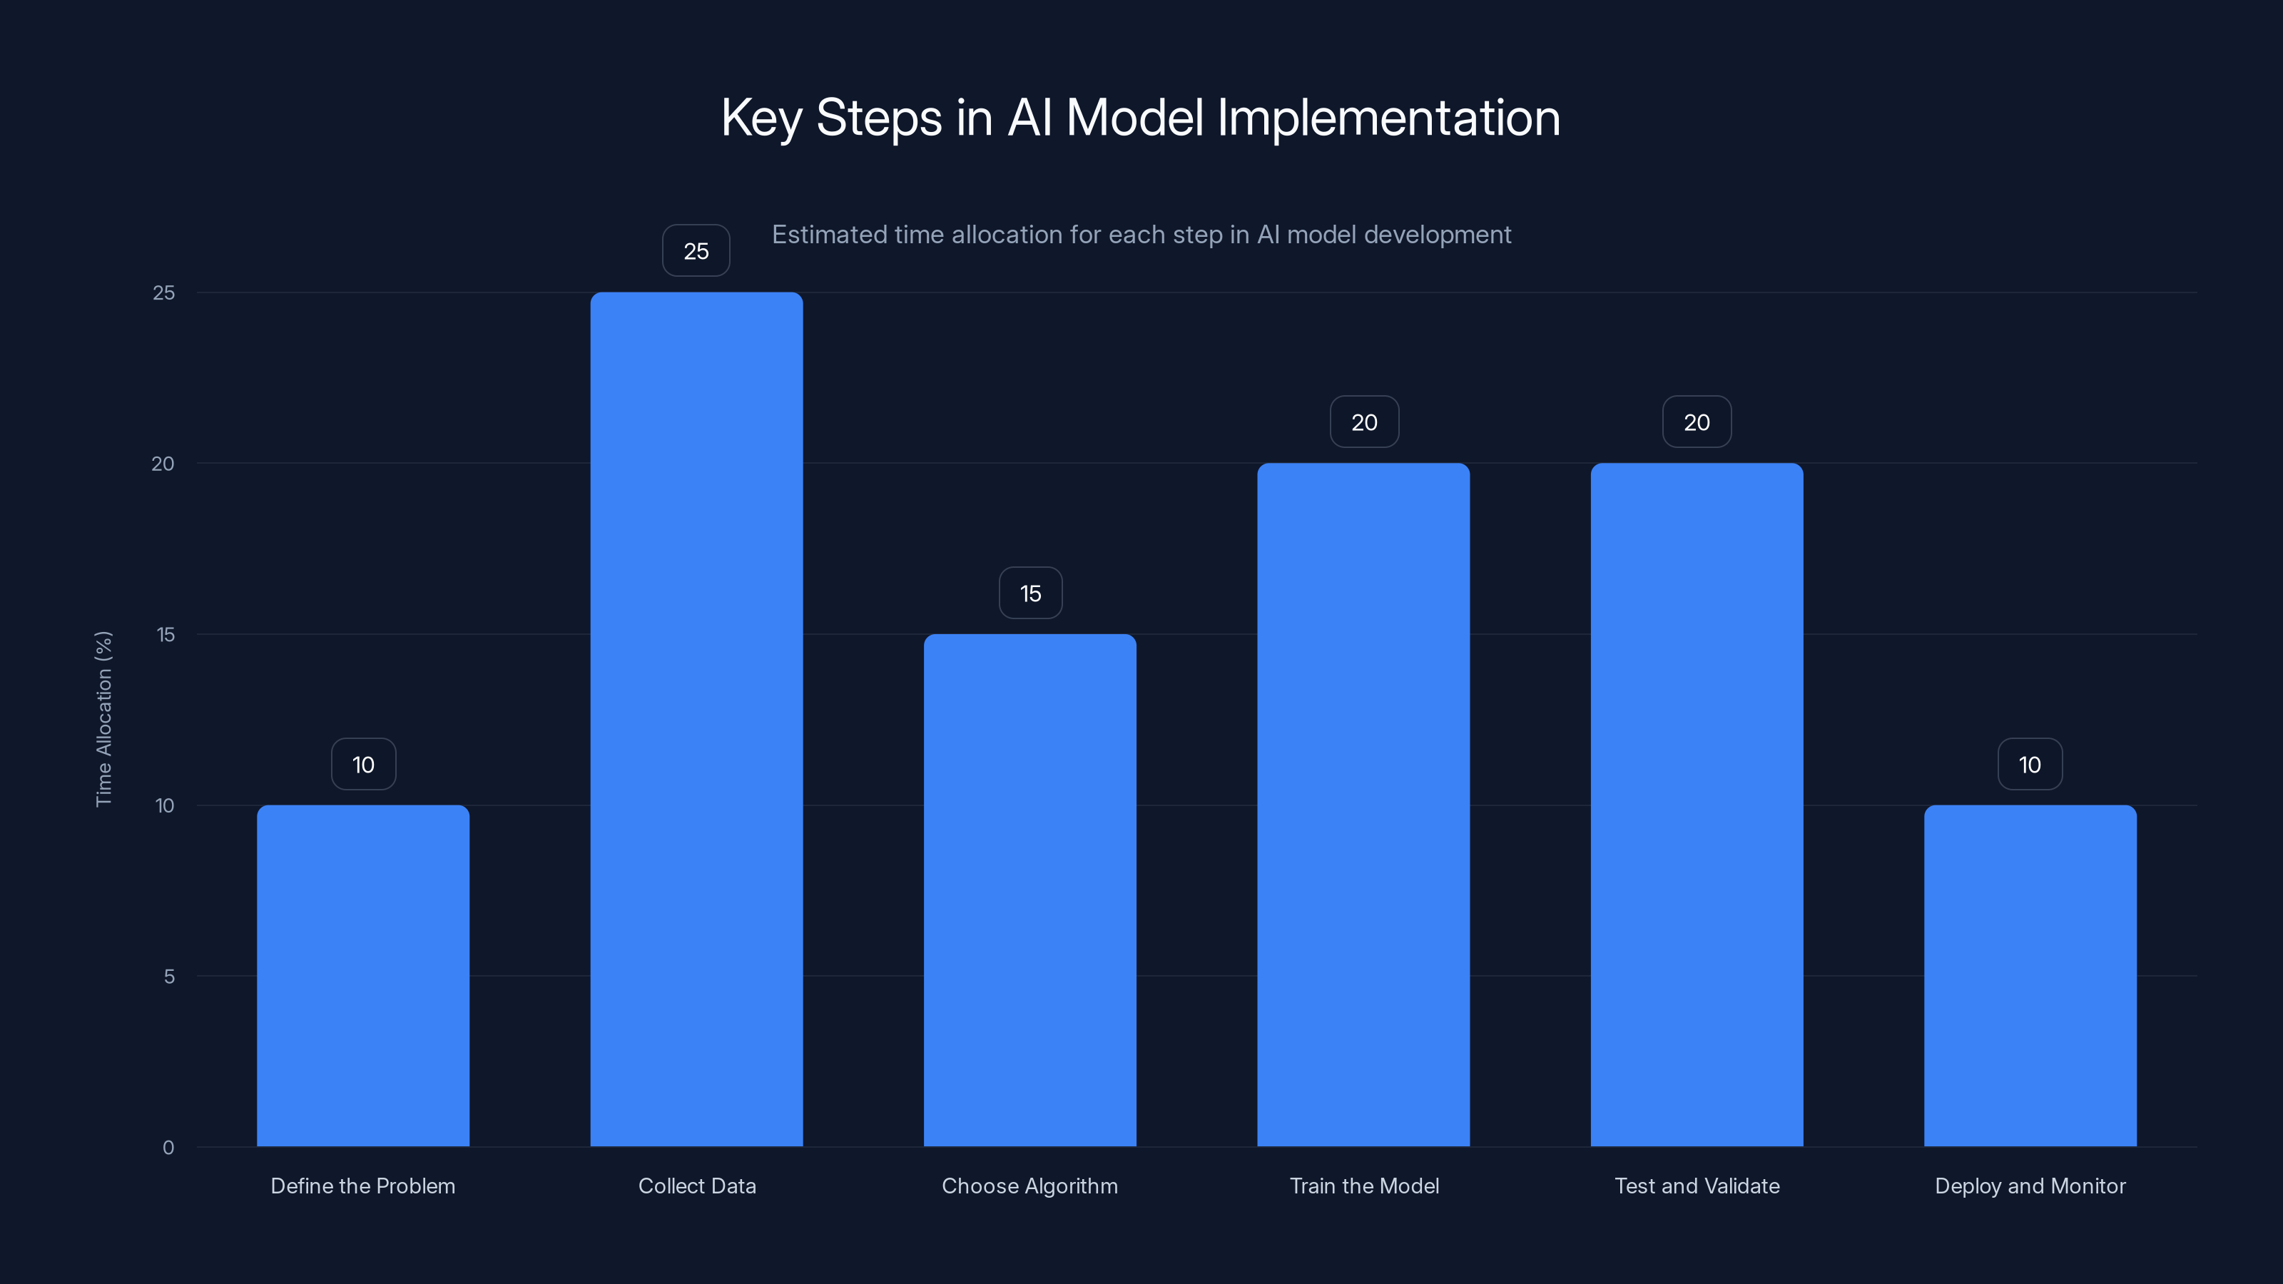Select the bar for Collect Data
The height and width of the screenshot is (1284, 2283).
click(x=696, y=718)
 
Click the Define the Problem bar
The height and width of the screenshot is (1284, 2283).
click(x=363, y=974)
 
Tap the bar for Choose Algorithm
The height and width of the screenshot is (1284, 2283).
click(x=1029, y=890)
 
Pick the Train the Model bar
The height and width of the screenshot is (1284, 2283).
click(x=1363, y=804)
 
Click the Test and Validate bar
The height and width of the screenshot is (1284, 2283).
click(x=1697, y=804)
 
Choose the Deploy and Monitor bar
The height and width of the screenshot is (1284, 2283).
click(x=2030, y=974)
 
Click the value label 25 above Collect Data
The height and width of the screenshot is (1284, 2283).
click(x=696, y=251)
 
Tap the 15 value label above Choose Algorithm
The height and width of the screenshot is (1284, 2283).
click(x=1029, y=593)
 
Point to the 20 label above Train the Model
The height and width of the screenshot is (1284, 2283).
click(x=1364, y=422)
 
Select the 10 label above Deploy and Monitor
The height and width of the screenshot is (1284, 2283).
click(x=2030, y=764)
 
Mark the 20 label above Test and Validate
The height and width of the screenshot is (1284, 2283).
click(x=1697, y=422)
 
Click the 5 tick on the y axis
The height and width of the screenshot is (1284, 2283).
click(x=168, y=977)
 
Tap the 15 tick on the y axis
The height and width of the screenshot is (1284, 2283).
click(x=165, y=634)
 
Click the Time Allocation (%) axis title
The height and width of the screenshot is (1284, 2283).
click(x=103, y=718)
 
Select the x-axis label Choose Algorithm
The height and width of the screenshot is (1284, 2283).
click(x=1029, y=1186)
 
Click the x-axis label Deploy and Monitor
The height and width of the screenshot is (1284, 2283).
click(x=2030, y=1186)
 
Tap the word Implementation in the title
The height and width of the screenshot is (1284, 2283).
click(x=1388, y=118)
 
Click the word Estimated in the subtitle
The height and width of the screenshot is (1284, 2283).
click(x=828, y=235)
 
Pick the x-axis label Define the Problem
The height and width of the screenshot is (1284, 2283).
click(x=362, y=1186)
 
